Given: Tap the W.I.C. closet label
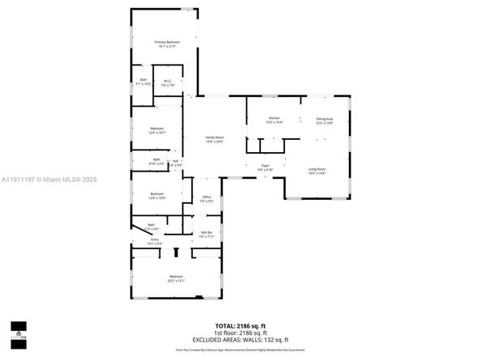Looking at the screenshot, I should pyautogui.click(x=167, y=81).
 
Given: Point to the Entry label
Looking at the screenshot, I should pyautogui.click(x=155, y=239).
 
